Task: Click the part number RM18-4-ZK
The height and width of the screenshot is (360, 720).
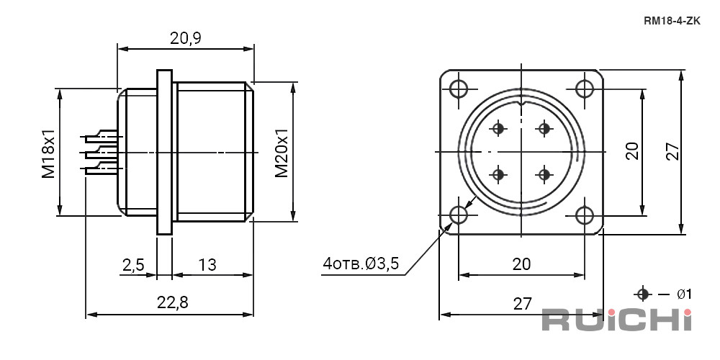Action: click(x=672, y=21)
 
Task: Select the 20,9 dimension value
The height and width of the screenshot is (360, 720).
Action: click(x=186, y=39)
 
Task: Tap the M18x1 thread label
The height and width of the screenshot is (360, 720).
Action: click(x=49, y=153)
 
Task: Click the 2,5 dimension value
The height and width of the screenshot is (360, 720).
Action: click(x=133, y=265)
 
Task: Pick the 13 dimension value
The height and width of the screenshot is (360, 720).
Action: click(x=207, y=264)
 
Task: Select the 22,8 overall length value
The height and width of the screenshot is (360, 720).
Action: click(x=173, y=302)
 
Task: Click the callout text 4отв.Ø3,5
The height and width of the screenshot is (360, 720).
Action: click(x=361, y=264)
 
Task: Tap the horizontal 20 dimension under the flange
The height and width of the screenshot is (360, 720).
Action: click(x=521, y=264)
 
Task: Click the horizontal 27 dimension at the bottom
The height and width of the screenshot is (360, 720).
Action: click(x=522, y=304)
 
